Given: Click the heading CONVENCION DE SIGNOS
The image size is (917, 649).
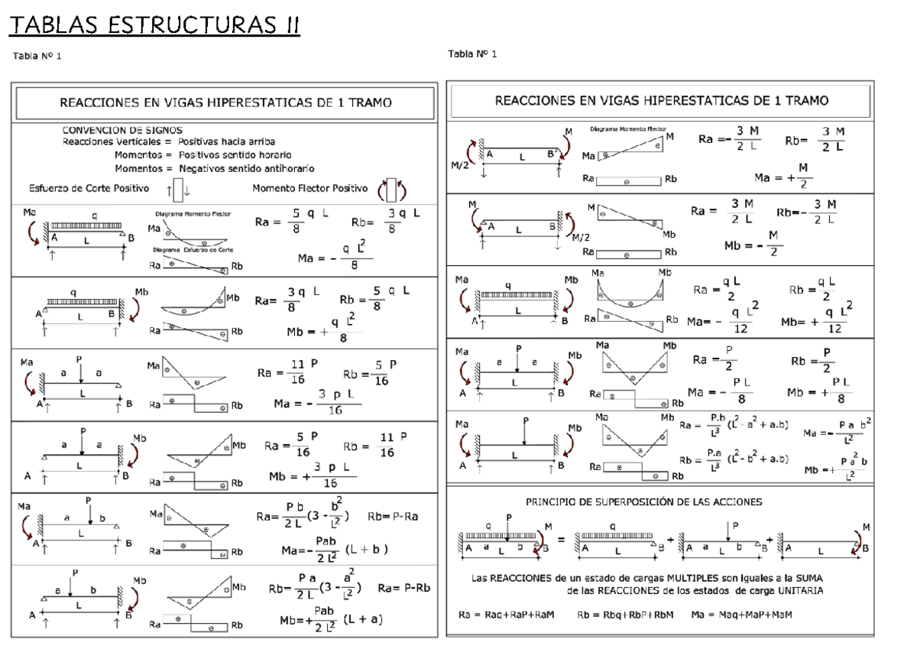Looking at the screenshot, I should (x=122, y=130).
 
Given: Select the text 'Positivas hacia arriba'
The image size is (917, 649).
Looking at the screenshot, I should (x=227, y=141).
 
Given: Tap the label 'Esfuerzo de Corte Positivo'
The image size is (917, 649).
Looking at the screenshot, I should (x=89, y=188).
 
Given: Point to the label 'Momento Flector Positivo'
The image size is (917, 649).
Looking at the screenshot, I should (x=310, y=188).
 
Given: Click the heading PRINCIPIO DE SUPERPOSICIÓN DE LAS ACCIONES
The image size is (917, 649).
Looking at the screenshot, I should (x=643, y=502).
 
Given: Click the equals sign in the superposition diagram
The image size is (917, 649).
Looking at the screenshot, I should (x=560, y=540).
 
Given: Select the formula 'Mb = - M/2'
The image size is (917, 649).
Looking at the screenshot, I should (x=754, y=245).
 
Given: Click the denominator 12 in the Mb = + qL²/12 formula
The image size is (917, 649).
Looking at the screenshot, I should (x=834, y=329).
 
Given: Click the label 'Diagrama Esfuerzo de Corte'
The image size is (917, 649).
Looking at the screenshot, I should (x=193, y=250).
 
